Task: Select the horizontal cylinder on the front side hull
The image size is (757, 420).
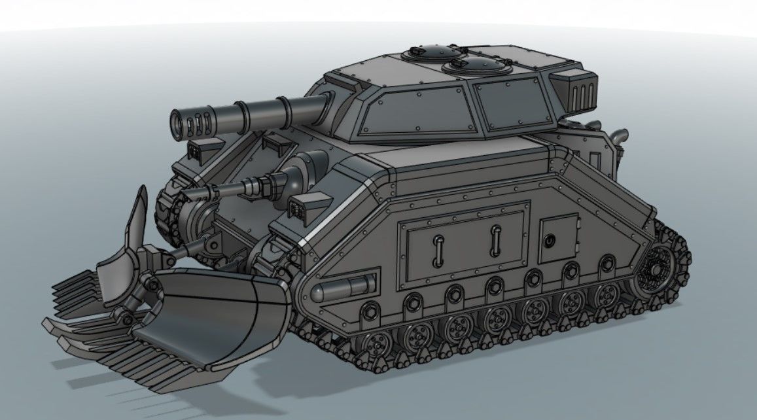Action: [344, 288]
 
